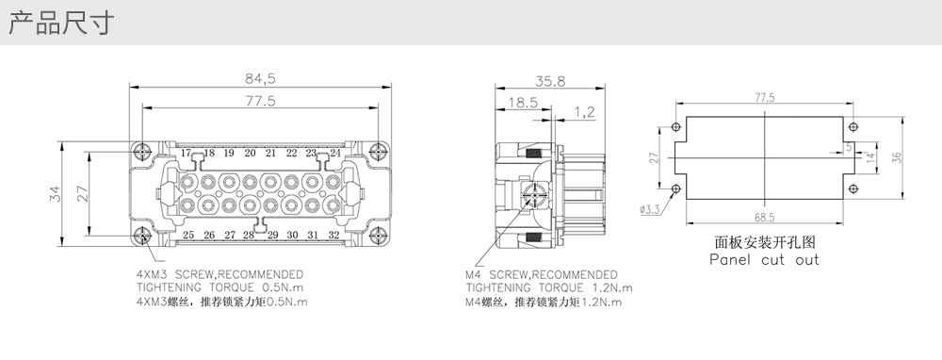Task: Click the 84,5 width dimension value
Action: click(x=260, y=79)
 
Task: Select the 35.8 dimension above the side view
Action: click(x=550, y=81)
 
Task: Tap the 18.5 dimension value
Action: click(x=523, y=103)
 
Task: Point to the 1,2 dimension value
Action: click(x=584, y=112)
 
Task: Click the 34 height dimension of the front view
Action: click(x=55, y=194)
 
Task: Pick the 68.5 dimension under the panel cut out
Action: click(x=764, y=218)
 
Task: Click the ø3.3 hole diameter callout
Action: click(x=650, y=209)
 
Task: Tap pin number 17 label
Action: click(x=186, y=153)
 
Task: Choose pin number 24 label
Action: click(x=334, y=154)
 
